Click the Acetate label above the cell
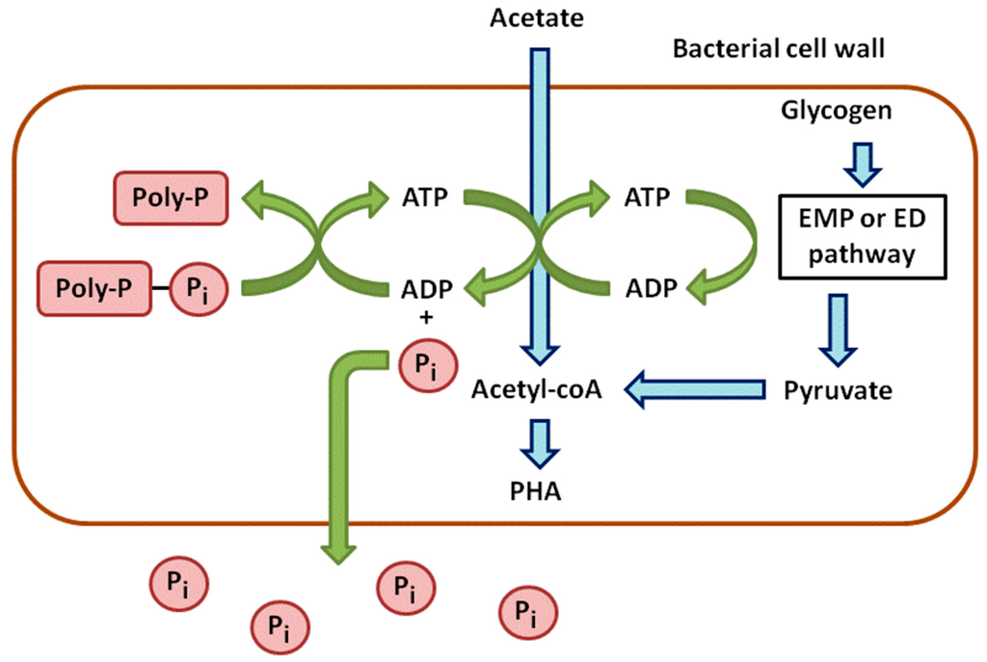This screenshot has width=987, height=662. (x=538, y=17)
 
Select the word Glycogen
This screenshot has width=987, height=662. (x=836, y=111)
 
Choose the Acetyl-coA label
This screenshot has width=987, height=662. (x=537, y=391)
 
